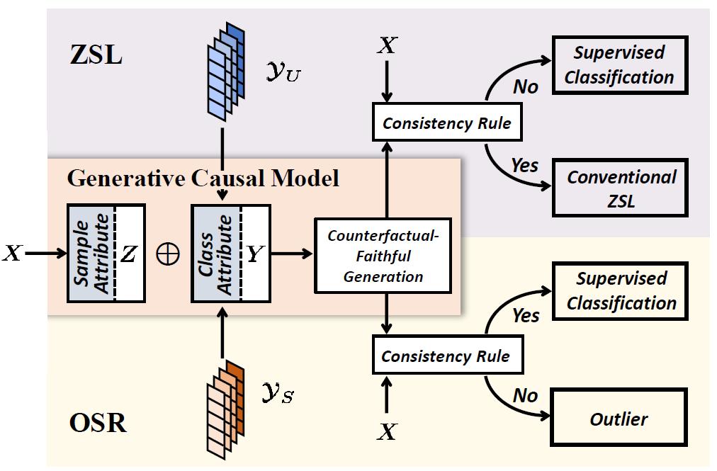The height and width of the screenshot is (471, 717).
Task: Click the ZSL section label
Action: [x=96, y=55]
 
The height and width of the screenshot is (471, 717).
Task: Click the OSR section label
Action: [x=98, y=423]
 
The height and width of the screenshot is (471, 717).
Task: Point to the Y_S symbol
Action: [x=277, y=393]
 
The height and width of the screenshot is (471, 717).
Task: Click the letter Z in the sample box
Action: [x=128, y=254]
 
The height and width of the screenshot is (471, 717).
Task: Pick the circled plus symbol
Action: [x=168, y=254]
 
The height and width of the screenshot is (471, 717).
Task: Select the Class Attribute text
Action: [x=217, y=254]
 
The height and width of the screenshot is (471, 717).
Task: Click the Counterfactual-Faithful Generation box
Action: [x=383, y=256]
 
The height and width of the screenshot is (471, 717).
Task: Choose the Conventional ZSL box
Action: [x=621, y=188]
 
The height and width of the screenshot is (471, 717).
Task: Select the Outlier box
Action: [x=619, y=419]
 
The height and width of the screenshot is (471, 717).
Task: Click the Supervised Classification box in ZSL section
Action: [x=619, y=64]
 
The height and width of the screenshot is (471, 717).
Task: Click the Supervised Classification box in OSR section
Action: [x=621, y=290]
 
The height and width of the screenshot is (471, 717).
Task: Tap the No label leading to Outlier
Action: [x=525, y=395]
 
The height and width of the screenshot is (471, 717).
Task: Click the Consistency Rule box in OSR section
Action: [x=445, y=356]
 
